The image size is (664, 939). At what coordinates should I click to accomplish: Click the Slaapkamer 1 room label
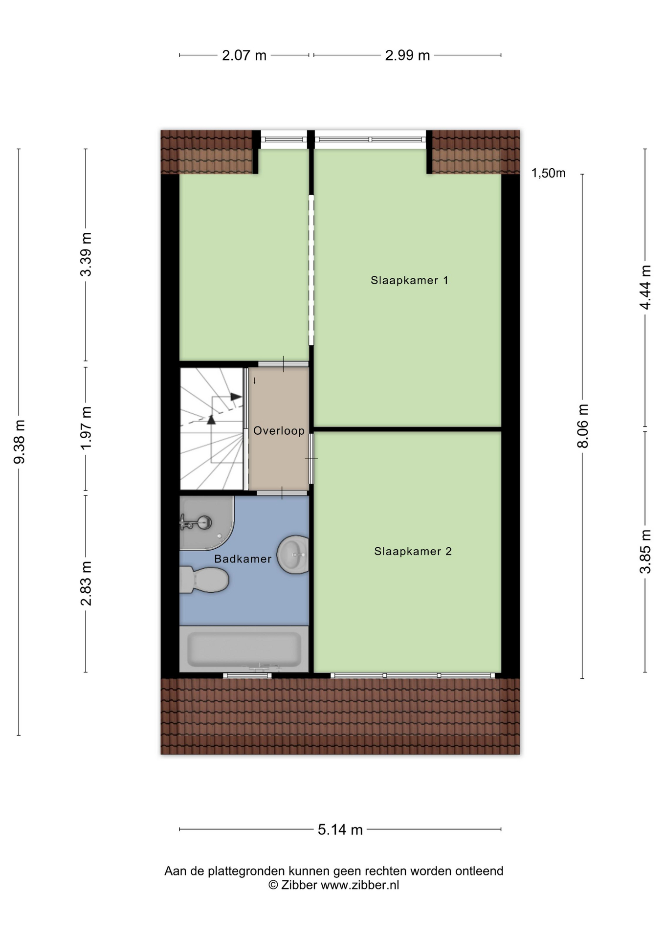409,280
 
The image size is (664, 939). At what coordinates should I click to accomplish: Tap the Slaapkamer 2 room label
413,551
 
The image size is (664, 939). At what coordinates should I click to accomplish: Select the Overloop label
279,431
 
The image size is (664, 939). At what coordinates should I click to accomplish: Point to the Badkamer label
243,559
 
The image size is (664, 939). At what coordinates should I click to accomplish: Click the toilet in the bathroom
204,580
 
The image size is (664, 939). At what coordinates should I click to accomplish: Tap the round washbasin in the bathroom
293,555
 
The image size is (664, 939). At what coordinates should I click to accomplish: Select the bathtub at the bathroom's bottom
244,649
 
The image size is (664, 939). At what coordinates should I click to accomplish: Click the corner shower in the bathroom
206,523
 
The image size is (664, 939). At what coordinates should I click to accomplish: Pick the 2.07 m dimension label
244,56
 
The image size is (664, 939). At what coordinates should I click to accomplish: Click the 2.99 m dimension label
407,56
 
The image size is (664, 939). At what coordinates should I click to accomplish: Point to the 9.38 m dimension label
19,442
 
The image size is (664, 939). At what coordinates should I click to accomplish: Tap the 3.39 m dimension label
86,254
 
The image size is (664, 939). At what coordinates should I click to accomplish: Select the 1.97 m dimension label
86,428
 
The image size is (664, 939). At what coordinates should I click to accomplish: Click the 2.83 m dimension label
86,583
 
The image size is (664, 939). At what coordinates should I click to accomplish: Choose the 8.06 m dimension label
582,426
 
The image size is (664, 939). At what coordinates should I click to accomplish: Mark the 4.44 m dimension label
645,287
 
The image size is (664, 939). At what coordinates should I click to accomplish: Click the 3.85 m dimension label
645,552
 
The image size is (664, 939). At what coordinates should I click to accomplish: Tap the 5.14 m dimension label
340,829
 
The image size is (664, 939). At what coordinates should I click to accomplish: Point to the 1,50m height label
548,173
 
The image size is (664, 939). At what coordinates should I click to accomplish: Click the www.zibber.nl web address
359,885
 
